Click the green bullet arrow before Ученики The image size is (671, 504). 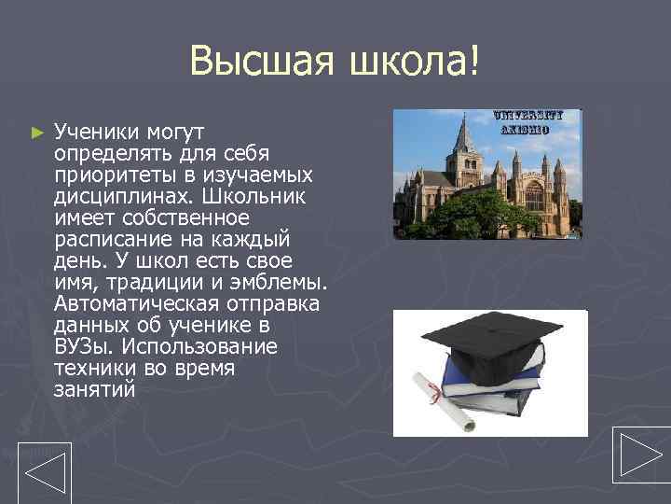[37, 133]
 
